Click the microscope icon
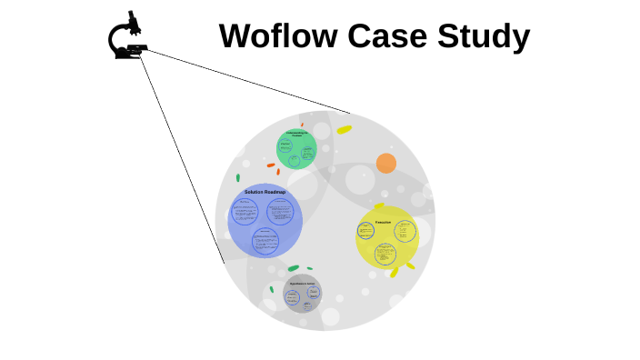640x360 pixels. pos(127,37)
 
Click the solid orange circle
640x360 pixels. pos(386,163)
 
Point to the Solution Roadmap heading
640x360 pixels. pos(265,192)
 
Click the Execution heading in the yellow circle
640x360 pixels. pos(383,222)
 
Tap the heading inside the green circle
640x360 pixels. pos(297,135)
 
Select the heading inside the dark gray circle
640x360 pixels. pos(302,284)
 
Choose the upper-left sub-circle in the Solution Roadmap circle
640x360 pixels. pos(245,212)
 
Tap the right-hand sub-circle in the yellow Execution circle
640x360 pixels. pos(405,231)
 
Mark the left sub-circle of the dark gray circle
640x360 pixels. pos(293,296)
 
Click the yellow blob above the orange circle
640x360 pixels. pos(344,130)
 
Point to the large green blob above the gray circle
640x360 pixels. pos(293,268)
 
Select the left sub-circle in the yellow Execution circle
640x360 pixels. pos(366,231)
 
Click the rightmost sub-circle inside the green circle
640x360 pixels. pos(308,154)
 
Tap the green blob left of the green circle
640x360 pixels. pos(238,177)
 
